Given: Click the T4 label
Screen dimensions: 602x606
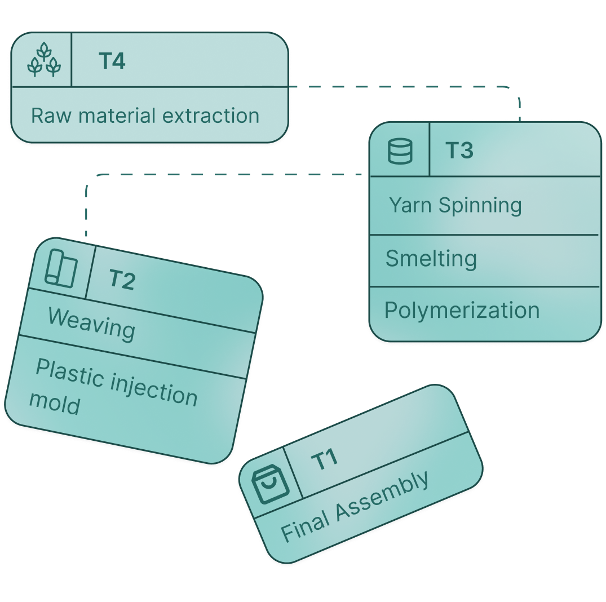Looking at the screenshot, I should pos(112,61).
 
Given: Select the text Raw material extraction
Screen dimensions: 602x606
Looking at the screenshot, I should pos(145,116).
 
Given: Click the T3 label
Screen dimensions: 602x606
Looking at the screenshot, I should pos(459,150).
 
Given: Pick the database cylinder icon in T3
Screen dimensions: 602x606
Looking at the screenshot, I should pos(400,151).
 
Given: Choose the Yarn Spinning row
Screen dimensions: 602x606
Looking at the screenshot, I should pos(455,205).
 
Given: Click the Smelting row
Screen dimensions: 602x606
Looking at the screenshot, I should pos(431,259).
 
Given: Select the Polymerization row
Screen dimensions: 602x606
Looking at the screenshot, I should pos(462,311).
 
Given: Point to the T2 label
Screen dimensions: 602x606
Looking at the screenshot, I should pos(122,279).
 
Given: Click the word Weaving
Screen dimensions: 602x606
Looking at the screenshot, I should pos(92,324).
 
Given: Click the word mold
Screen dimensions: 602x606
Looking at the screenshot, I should pos(55,403).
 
